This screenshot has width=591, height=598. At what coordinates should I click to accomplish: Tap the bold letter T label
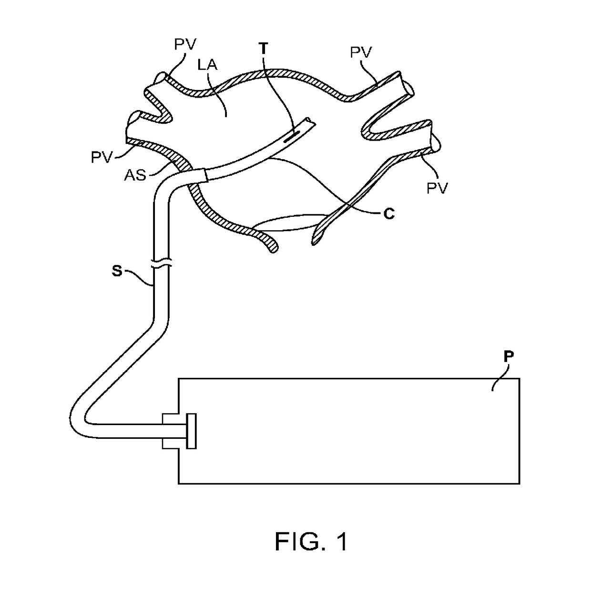click(263, 48)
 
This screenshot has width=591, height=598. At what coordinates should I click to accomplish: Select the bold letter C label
click(389, 214)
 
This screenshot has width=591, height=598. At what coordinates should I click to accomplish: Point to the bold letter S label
click(116, 271)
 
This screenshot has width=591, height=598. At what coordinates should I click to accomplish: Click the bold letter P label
click(509, 357)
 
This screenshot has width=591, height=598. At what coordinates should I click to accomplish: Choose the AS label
click(135, 175)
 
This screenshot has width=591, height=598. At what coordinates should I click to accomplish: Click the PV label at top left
click(185, 45)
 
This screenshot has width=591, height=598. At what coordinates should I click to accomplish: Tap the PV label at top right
click(361, 52)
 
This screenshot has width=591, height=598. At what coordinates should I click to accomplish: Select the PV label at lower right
click(437, 188)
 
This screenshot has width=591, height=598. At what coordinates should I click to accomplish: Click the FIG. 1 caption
click(311, 541)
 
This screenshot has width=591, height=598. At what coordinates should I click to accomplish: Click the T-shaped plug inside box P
click(191, 431)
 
